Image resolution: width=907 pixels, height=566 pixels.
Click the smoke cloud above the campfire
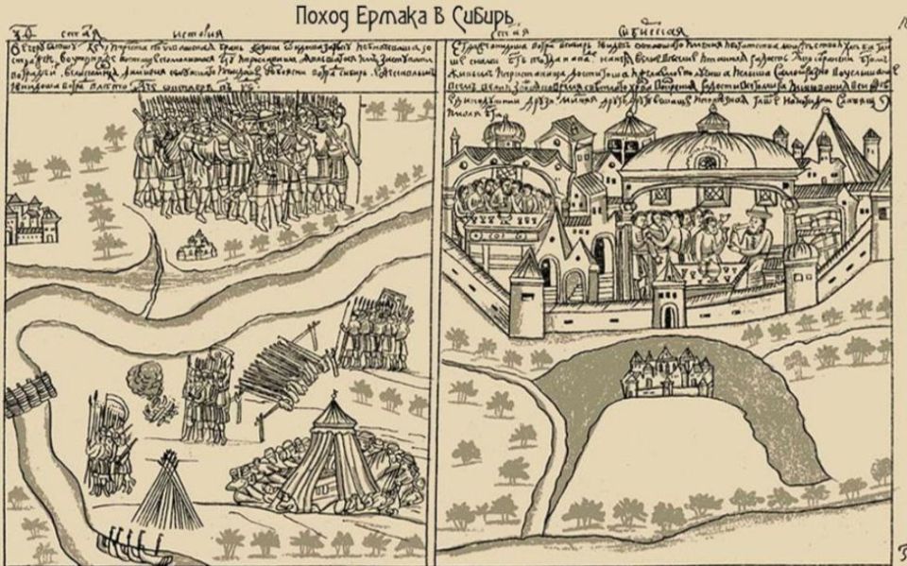pyautogui.click(x=146, y=377)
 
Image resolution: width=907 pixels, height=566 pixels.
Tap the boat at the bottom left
pyautogui.click(x=128, y=546)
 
